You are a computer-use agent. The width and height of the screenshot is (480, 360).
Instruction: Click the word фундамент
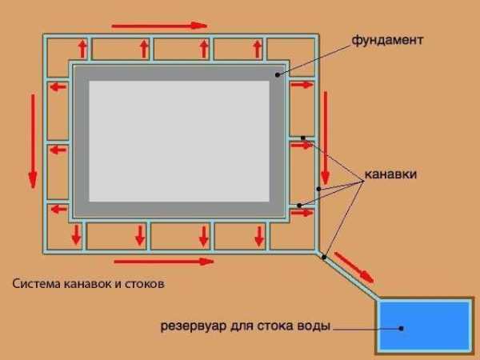point(386,39)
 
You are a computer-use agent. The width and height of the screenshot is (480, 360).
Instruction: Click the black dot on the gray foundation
point(278,74)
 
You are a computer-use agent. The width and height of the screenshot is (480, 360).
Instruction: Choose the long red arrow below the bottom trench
point(164,261)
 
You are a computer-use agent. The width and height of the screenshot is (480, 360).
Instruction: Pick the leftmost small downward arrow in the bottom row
point(76,235)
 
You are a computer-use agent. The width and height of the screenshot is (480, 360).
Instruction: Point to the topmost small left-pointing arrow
point(58,85)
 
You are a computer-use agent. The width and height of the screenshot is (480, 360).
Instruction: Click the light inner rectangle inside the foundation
point(179,141)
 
